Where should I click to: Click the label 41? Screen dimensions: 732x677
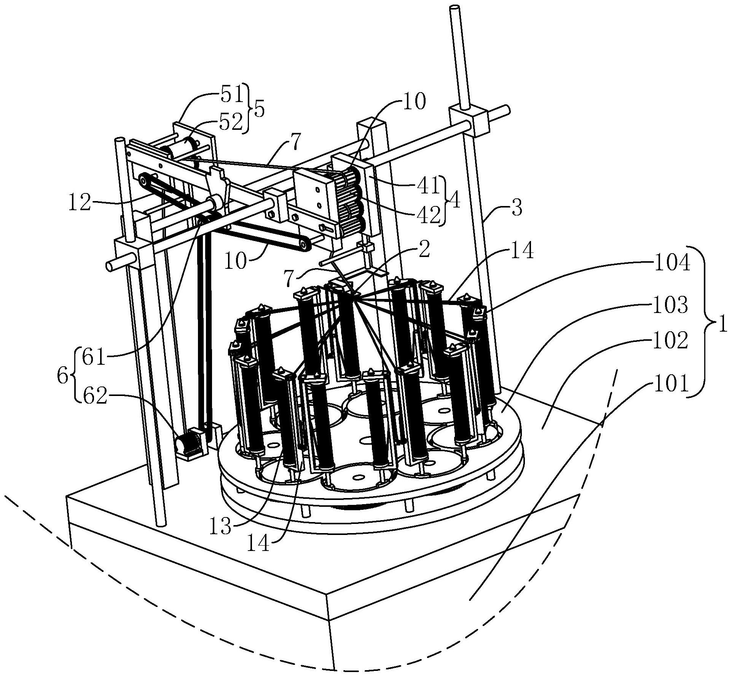click(428, 185)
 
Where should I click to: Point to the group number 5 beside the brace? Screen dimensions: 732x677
click(259, 109)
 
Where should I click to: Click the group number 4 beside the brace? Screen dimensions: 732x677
click(454, 201)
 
